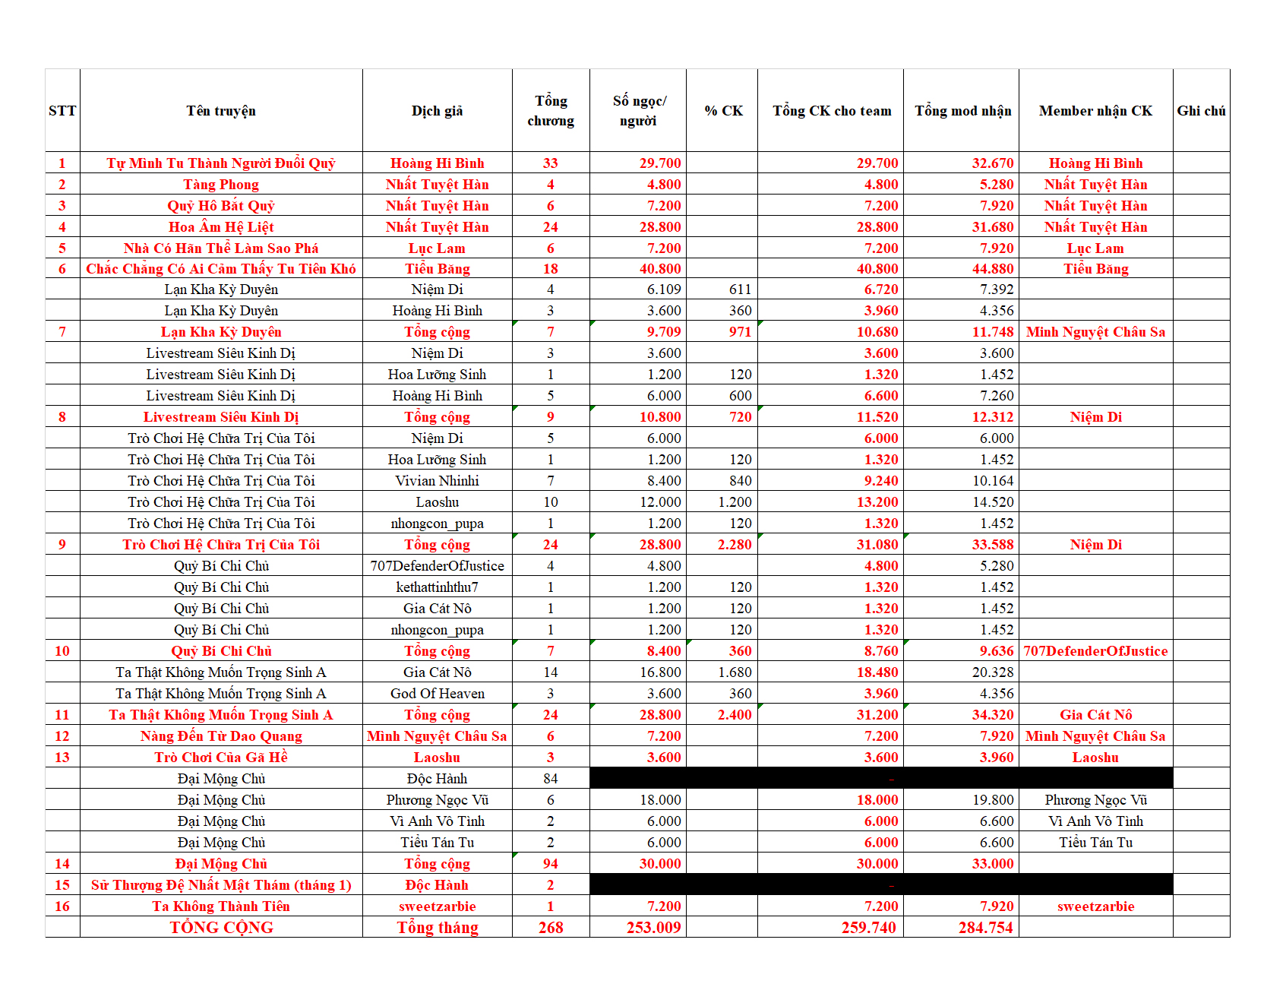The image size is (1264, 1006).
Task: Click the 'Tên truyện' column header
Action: point(221,111)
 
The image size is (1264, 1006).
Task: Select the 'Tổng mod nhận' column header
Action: point(962,111)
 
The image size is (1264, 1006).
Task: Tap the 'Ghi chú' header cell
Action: point(1201,111)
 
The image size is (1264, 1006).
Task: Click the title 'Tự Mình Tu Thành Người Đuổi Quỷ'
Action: point(221,163)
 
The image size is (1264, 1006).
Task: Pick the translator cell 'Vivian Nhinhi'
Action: point(437,481)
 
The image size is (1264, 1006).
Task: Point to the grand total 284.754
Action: point(985,928)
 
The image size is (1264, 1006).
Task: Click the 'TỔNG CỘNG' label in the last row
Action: point(221,928)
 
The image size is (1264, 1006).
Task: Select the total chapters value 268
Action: point(551,928)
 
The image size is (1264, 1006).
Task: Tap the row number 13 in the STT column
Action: point(62,758)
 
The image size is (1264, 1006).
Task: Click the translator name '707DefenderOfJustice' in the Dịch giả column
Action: point(437,566)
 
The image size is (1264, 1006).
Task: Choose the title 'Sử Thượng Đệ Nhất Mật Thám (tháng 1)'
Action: point(221,885)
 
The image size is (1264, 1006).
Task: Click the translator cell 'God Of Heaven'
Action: point(437,694)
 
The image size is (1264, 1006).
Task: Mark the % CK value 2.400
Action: point(734,715)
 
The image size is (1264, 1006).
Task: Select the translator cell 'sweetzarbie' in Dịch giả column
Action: point(437,906)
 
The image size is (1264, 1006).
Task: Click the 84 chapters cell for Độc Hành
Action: point(551,779)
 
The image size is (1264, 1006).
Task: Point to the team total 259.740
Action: point(868,928)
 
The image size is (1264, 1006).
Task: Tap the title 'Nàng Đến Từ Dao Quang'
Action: point(221,736)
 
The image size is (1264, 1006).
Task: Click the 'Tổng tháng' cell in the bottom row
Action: point(437,928)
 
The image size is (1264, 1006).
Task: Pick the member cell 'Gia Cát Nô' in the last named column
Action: point(1095,715)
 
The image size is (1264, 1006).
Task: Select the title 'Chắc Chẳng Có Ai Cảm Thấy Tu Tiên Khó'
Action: point(221,269)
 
